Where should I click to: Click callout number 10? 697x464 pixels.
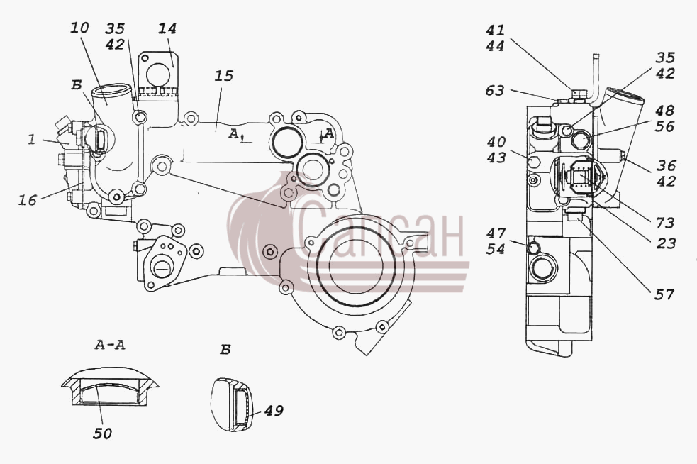pos(79,28)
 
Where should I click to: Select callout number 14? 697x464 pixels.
pos(167,28)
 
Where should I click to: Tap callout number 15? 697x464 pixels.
pos(223,76)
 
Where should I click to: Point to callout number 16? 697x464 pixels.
pos(27,200)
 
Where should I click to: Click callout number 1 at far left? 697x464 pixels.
pos(31,140)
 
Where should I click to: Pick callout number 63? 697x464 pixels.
pos(495,90)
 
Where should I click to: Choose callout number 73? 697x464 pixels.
pos(664,223)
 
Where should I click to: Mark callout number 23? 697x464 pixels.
pos(666,243)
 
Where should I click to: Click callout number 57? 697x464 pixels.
pos(664,294)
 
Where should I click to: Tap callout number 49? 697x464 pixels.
pos(274,410)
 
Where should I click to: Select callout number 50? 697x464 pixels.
pos(102,433)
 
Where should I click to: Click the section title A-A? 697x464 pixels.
pos(109,345)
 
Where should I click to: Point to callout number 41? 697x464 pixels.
pos(495,30)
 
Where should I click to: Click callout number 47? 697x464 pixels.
pos(496,233)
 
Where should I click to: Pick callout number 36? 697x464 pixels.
pos(666,165)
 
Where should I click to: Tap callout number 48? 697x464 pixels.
pos(665,110)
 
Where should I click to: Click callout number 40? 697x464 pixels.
pos(496,141)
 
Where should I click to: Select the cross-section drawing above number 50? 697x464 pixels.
pos(110,386)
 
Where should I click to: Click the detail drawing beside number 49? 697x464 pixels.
pos(232,404)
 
